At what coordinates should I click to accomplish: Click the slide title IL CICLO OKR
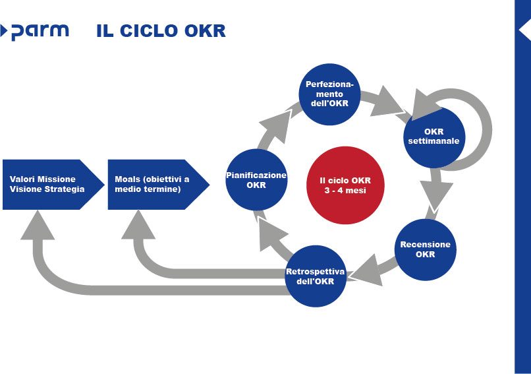pos(161,31)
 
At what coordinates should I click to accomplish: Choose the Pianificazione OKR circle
pos(256,180)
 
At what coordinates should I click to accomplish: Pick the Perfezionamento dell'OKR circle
pos(329,94)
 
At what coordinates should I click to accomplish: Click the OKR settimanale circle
pos(433,136)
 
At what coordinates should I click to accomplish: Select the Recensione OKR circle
pos(426,249)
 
